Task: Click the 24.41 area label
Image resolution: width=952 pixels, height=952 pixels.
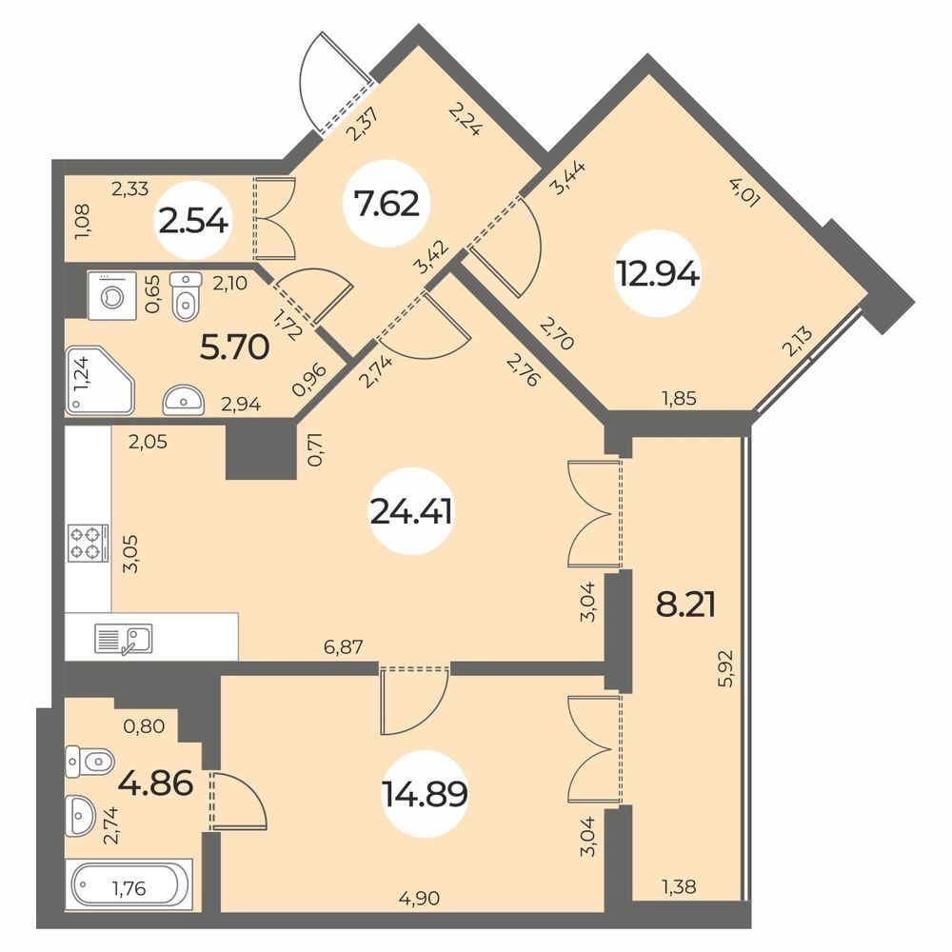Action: [x=411, y=512]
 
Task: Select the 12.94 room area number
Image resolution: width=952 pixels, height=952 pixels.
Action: [x=658, y=274]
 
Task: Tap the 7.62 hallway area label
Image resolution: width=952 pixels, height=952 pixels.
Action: [x=387, y=204]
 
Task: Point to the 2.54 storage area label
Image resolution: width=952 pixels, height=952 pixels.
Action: [x=193, y=221]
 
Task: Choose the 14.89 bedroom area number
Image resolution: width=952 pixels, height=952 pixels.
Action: [x=425, y=794]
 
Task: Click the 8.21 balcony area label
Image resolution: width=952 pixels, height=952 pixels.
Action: [x=685, y=605]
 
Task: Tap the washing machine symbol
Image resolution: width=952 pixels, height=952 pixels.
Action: [x=112, y=296]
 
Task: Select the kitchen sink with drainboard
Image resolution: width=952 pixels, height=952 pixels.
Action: [x=124, y=639]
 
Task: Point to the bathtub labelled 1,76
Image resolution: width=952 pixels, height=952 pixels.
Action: [x=129, y=884]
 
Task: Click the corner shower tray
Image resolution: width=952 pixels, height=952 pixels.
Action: [x=100, y=381]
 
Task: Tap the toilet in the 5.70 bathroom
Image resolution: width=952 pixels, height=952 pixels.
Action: [x=187, y=296]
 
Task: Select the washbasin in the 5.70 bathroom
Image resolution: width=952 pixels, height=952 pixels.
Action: [x=184, y=400]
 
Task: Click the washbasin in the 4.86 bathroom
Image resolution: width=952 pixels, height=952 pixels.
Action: [x=80, y=815]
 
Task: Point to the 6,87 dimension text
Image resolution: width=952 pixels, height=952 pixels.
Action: [x=344, y=646]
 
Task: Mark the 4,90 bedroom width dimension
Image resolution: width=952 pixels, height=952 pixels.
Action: [x=419, y=898]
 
